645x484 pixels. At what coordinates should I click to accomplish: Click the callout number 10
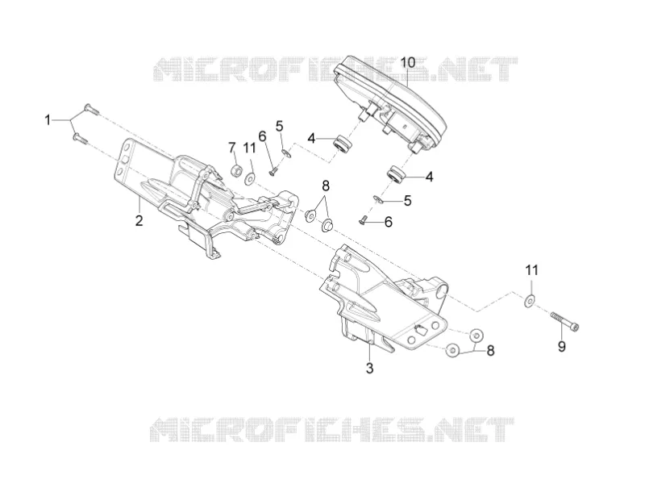[408, 63]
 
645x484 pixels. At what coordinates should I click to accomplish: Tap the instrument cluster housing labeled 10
[390, 103]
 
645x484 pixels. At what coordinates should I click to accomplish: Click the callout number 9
[561, 347]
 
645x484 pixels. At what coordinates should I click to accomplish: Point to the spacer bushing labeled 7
[237, 170]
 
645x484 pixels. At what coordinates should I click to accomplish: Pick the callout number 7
[231, 148]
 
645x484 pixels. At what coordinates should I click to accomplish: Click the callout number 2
[139, 220]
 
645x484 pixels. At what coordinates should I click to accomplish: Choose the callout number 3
[369, 369]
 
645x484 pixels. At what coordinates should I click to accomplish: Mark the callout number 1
[48, 120]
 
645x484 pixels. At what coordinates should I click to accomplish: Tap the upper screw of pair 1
[91, 98]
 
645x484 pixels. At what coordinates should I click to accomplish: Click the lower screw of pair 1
[80, 138]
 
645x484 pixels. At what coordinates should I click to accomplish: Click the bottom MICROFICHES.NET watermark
[332, 430]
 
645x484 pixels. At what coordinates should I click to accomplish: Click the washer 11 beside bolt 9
[530, 301]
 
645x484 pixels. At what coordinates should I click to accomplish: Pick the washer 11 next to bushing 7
[250, 178]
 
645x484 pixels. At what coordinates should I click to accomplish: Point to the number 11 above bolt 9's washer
[531, 270]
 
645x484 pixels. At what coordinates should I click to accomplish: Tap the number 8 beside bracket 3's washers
[490, 351]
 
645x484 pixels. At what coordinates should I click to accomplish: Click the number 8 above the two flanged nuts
[326, 186]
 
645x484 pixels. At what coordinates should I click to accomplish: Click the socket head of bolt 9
[575, 327]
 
